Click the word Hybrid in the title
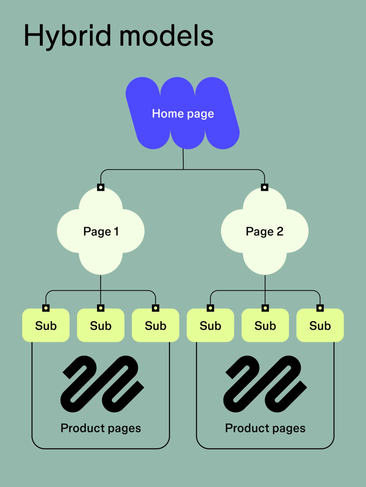tap(67, 36)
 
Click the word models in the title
tap(166, 36)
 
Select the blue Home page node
tap(183, 113)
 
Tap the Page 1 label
tap(101, 232)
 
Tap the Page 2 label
tap(265, 232)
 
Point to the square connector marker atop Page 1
tap(101, 187)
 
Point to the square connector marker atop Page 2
tap(265, 187)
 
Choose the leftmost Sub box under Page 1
tap(46, 326)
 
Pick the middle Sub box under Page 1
tap(101, 326)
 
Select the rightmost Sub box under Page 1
tap(156, 326)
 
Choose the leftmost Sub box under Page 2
tap(210, 326)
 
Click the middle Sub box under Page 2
tap(265, 326)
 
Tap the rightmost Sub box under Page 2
tap(320, 326)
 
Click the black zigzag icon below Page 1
tap(102, 384)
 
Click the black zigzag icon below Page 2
tap(265, 384)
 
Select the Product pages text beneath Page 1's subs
tap(101, 428)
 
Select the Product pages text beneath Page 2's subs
tap(265, 428)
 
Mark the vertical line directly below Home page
tap(183, 159)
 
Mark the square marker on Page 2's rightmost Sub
tap(320, 308)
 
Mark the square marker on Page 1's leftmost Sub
tap(46, 308)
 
